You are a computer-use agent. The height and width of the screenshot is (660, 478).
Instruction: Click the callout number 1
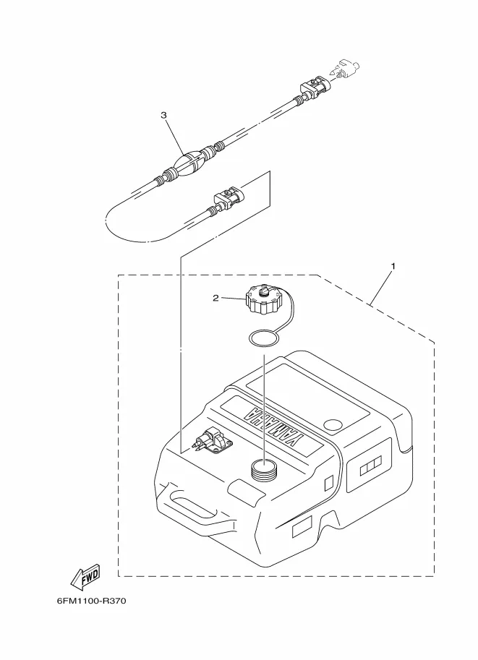[393, 266]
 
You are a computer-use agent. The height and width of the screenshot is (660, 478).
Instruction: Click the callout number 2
[215, 299]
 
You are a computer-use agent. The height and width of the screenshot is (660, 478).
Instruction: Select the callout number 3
[164, 115]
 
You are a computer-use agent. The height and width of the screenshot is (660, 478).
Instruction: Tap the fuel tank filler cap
[263, 299]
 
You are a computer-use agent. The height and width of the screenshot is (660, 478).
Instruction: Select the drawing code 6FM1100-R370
[91, 601]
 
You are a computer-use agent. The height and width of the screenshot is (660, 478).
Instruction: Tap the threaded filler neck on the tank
[263, 469]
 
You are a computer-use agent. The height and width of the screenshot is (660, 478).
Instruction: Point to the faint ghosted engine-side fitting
[343, 70]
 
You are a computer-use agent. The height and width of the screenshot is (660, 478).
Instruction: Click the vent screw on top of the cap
[264, 291]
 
